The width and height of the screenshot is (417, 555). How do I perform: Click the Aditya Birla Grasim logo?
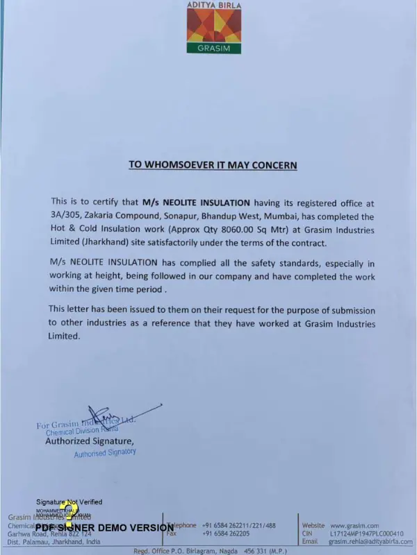point(213,28)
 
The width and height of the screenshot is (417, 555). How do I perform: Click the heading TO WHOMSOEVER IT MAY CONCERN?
point(213,165)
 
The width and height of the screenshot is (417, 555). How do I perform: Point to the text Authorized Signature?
point(90,441)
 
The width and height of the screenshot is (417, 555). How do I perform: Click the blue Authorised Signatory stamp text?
point(105,453)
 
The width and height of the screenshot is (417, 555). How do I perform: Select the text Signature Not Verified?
point(69,502)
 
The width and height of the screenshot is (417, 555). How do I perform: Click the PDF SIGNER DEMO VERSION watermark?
point(104,527)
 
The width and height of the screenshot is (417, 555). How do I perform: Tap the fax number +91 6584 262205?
point(226,533)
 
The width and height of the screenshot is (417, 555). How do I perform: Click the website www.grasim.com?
point(354,525)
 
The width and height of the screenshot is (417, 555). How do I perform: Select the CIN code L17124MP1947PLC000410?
point(366,533)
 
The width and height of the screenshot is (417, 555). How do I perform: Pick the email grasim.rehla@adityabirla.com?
point(370,542)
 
